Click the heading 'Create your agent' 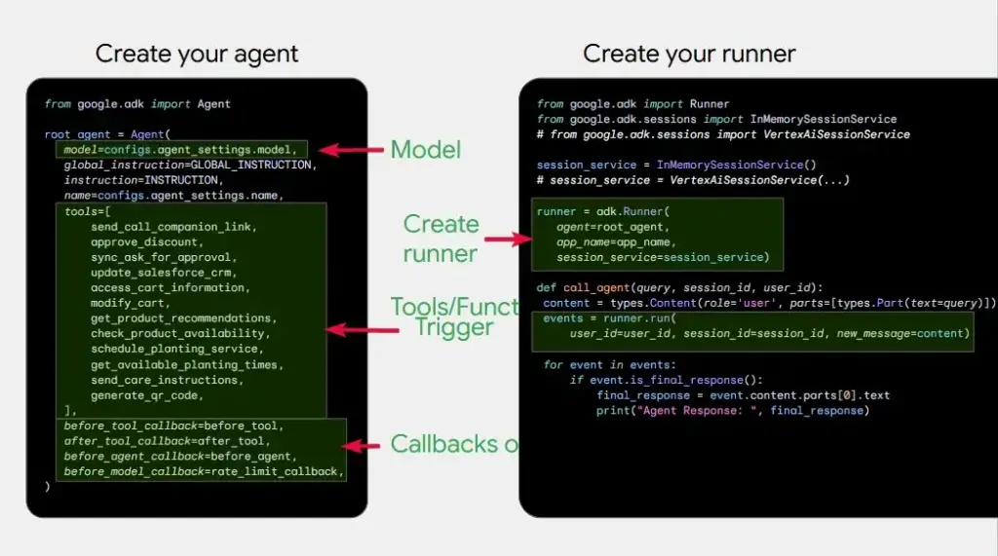197,54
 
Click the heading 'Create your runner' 689,54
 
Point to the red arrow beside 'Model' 352,150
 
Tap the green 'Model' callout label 426,150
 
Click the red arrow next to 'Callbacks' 364,446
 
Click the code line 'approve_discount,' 147,242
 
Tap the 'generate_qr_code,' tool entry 146,395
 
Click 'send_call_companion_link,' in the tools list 173,227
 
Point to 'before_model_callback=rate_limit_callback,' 204,471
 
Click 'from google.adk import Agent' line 137,104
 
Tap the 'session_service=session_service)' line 663,257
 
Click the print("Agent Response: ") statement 730,411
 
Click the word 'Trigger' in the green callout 454,327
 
